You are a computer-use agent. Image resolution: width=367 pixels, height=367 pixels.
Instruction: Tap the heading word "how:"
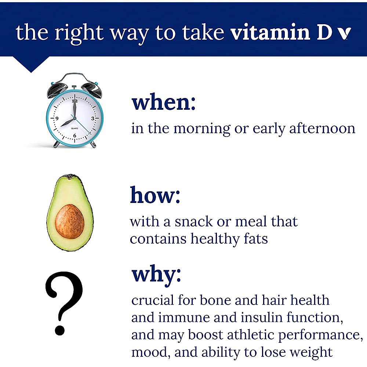[x=155, y=196]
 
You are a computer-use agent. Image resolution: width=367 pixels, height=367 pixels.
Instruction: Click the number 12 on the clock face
[x=75, y=101]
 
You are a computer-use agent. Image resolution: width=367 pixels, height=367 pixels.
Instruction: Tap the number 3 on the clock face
[x=93, y=118]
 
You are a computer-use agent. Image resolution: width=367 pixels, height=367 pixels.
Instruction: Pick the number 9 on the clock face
[x=57, y=118]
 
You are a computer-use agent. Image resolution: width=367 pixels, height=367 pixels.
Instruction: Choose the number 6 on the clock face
[x=75, y=136]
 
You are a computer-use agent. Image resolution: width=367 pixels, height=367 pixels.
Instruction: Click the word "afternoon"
[x=322, y=128]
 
